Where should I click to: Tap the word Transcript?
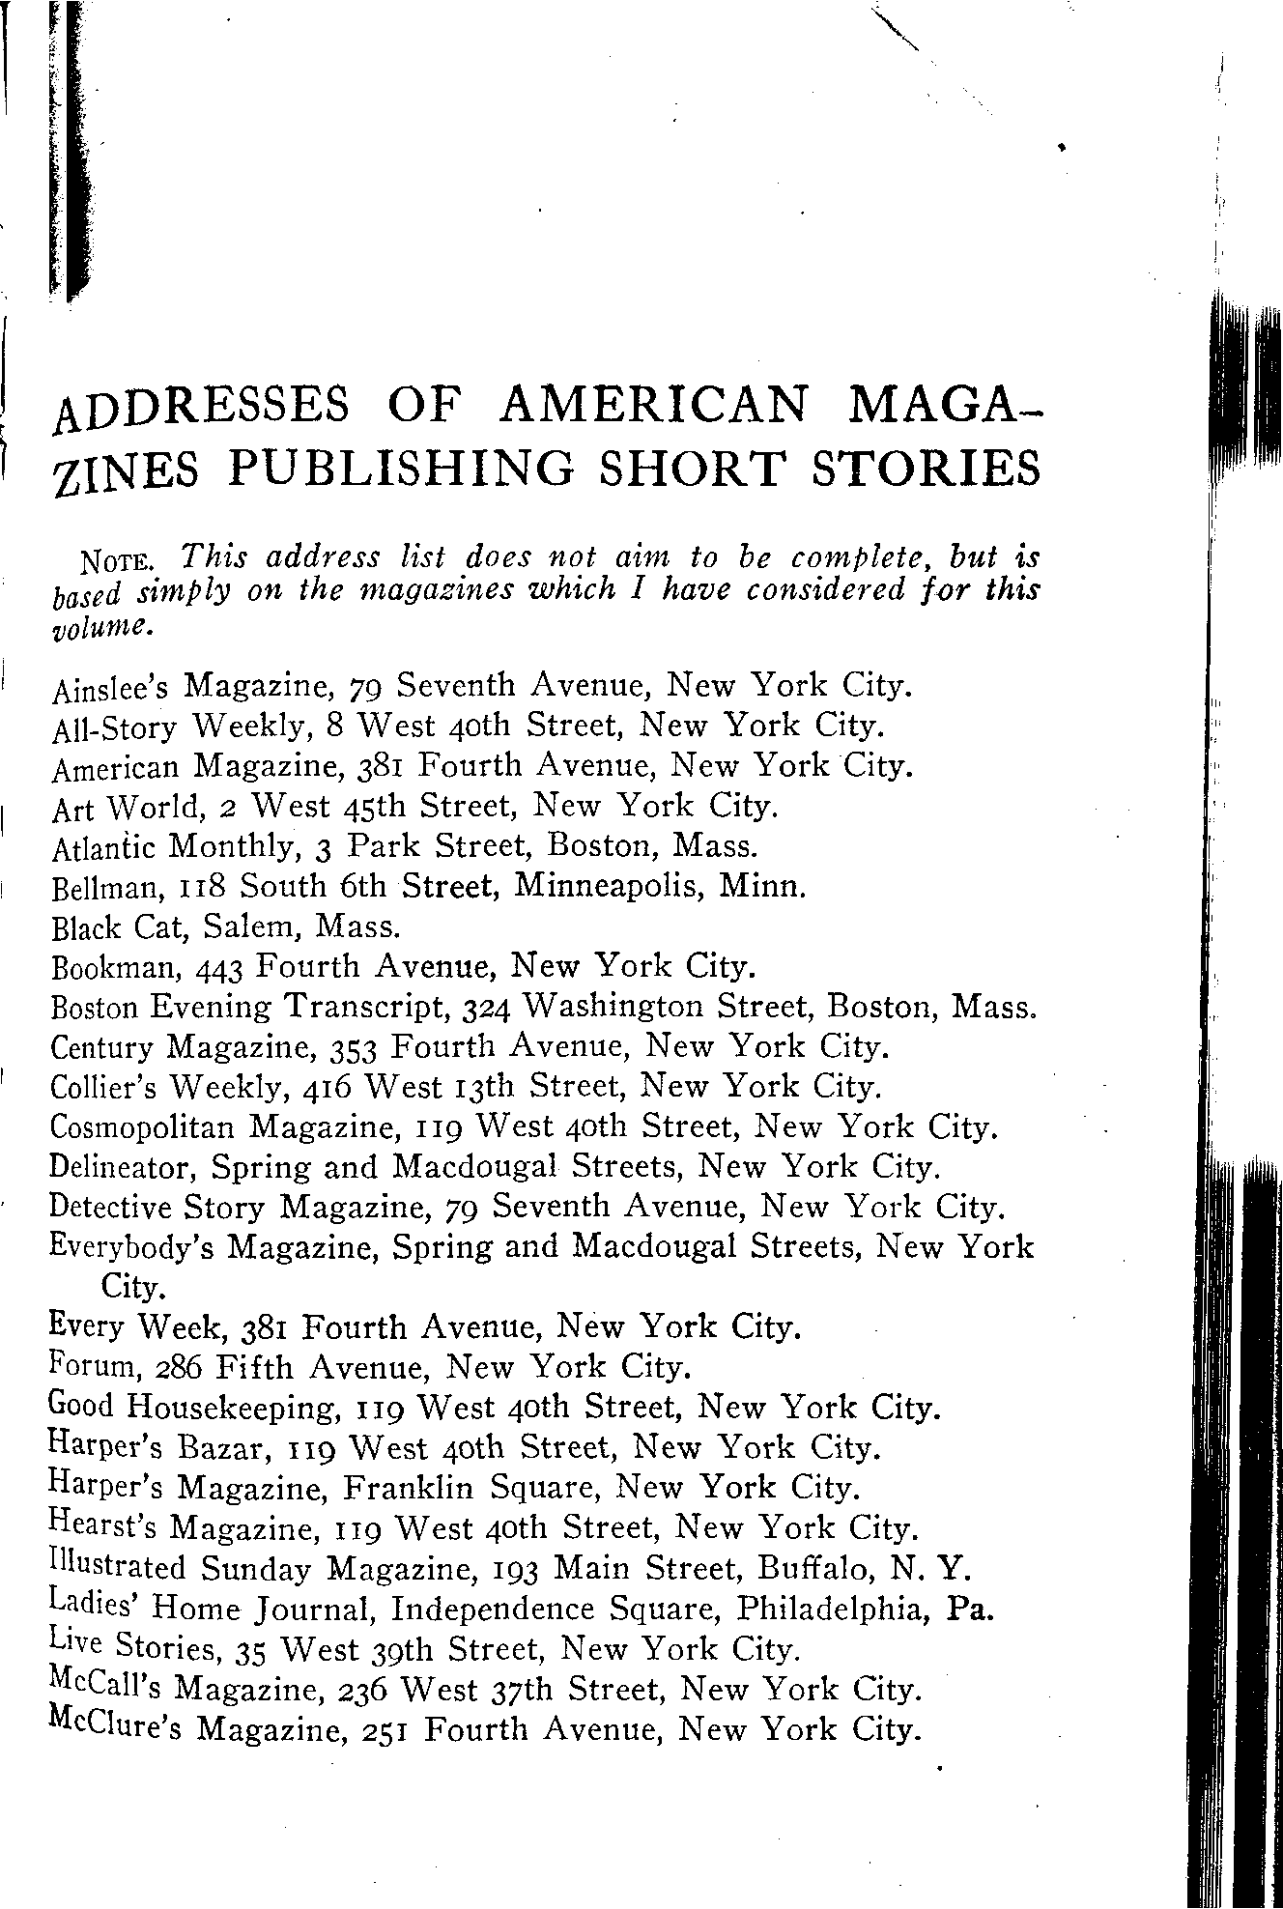[367, 1008]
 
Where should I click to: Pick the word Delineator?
[125, 1169]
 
